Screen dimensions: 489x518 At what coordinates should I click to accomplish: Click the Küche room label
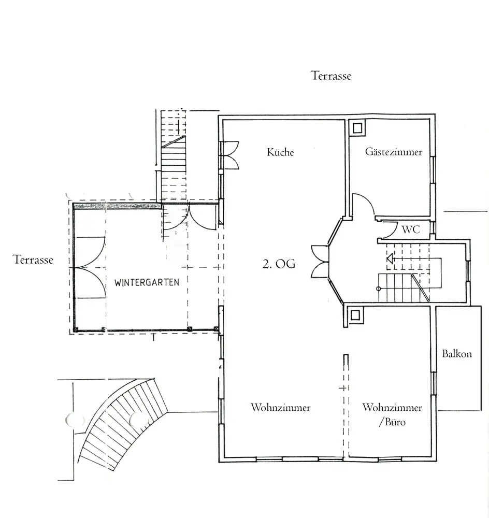click(x=280, y=152)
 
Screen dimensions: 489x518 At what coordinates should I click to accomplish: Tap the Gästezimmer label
click(x=394, y=152)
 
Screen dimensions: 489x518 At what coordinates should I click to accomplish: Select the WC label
click(x=411, y=229)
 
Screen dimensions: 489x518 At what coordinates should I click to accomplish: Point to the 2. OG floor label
click(x=279, y=264)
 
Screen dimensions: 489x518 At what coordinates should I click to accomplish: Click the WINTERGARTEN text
click(x=147, y=282)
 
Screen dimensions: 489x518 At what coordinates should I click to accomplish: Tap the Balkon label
click(x=457, y=354)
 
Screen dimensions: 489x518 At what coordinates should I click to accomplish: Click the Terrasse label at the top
click(x=331, y=76)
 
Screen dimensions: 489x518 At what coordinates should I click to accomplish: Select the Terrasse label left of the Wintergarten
click(x=33, y=260)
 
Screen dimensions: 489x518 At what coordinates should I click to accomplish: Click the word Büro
click(x=395, y=422)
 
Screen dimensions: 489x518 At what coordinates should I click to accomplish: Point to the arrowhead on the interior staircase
click(x=390, y=258)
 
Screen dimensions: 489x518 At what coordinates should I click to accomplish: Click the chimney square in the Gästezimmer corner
click(x=357, y=128)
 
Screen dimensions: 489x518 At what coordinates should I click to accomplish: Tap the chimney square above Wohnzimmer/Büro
click(x=355, y=315)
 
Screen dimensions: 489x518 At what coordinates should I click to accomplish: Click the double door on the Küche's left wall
click(x=229, y=155)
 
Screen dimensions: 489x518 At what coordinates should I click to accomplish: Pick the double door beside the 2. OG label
click(x=320, y=261)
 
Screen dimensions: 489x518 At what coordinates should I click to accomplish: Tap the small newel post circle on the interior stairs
click(x=379, y=289)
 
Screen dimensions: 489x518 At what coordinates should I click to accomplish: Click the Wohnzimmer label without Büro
click(x=281, y=407)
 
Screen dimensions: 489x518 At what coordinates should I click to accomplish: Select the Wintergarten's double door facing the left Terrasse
click(x=90, y=268)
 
